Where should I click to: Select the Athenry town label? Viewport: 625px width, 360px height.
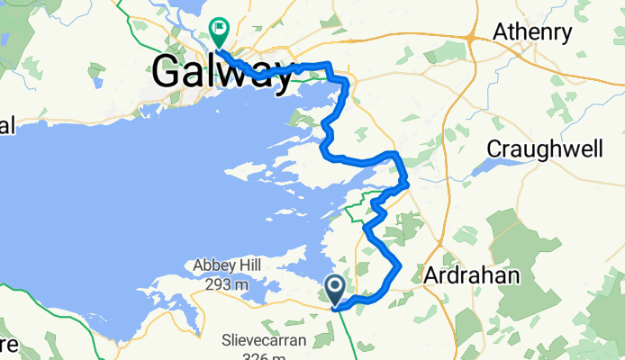click(x=532, y=33)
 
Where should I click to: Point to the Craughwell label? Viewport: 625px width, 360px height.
click(x=544, y=148)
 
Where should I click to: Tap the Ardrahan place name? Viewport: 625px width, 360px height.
click(x=473, y=276)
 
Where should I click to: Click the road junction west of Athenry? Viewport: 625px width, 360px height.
click(x=471, y=37)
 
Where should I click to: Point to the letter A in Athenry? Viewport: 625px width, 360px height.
click(x=501, y=33)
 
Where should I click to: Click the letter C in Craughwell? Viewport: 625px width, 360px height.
click(x=493, y=148)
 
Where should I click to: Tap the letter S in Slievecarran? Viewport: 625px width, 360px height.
click(x=226, y=341)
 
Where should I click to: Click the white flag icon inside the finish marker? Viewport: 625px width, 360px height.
click(x=219, y=28)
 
